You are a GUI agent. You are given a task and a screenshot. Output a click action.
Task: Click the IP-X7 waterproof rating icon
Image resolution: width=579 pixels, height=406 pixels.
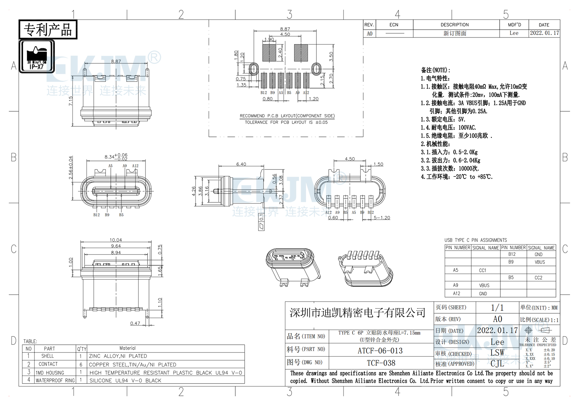pos(37,56)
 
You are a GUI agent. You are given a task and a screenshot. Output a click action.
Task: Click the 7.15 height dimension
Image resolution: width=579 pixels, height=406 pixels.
pos(71,101)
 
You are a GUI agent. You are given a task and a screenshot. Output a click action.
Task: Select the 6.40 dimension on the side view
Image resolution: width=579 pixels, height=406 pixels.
pos(241,164)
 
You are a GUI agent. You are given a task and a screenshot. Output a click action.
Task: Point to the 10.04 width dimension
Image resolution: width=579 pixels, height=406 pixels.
pos(116,240)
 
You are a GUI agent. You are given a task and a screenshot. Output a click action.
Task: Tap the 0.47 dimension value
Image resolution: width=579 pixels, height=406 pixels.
pos(135,323)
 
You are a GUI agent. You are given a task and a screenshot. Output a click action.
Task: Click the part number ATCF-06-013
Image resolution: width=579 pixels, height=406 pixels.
pos(380,351)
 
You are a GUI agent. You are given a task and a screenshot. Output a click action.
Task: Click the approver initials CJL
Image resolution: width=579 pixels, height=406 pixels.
pos(497,364)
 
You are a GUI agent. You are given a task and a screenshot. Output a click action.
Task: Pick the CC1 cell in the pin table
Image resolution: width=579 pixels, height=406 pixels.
pos(482,271)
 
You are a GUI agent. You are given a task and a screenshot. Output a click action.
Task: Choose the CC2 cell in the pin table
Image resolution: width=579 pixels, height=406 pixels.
pos(538,278)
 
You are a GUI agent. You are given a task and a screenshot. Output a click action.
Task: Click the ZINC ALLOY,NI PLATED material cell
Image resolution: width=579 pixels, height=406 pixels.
pos(118,356)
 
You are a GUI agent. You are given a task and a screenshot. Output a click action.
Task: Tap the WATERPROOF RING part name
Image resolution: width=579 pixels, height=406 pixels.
pos(55,380)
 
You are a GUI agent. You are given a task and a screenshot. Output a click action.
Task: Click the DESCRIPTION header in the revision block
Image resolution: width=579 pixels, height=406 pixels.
pos(455,25)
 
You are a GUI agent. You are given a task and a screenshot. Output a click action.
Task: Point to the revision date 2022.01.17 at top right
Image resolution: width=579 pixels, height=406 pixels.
pos(544,33)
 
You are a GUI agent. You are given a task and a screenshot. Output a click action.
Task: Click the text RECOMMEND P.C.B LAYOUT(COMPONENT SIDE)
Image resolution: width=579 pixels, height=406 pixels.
pos(287,116)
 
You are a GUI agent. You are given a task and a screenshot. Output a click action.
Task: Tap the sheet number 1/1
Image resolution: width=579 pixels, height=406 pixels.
pos(497,308)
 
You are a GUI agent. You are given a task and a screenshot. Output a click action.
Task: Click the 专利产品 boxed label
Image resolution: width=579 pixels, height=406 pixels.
pos(48,30)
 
